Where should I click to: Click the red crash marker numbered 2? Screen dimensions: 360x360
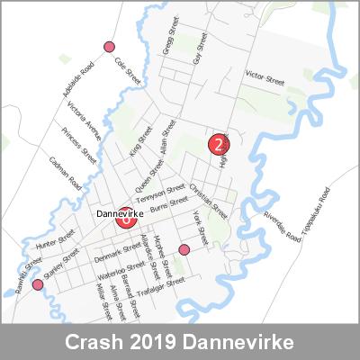pos(218,142)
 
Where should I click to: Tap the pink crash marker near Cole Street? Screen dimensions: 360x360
pos(110,47)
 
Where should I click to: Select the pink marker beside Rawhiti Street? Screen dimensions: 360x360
pos(38,285)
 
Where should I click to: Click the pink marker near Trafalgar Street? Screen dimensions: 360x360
pos(184,249)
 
